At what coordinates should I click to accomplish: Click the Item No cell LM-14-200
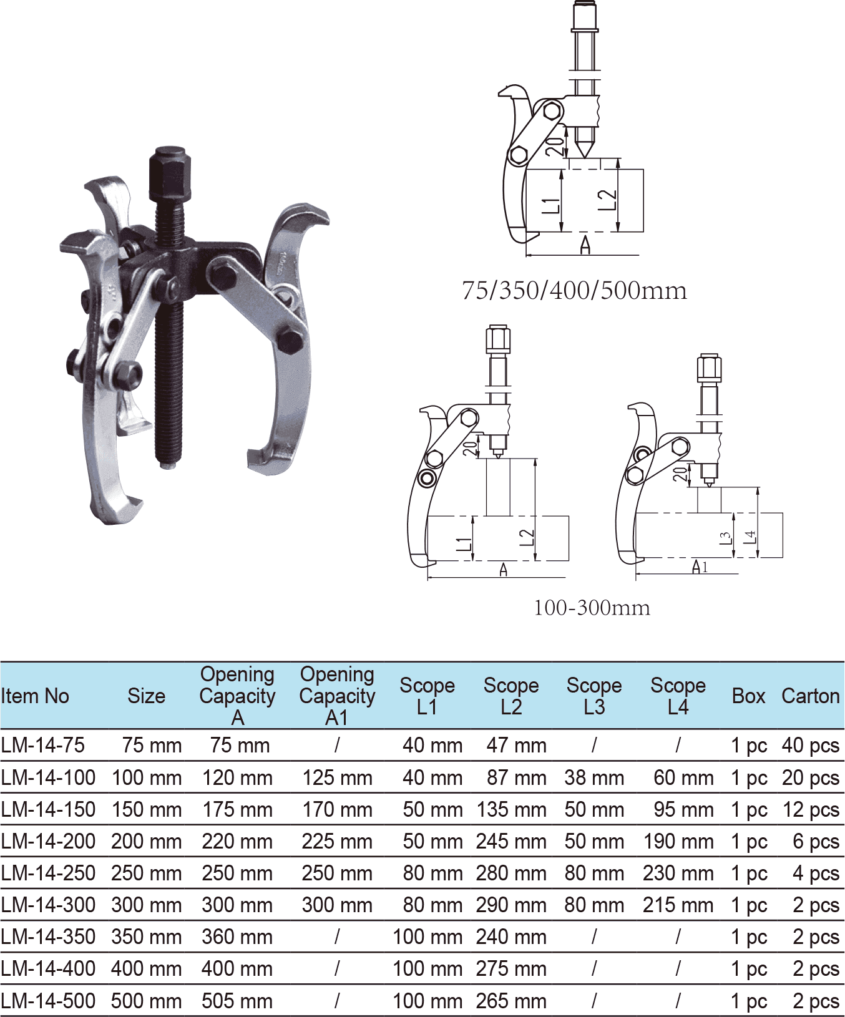[x=48, y=842]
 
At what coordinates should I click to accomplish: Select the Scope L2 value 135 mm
[x=511, y=810]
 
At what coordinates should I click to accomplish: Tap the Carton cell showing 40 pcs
[x=810, y=746]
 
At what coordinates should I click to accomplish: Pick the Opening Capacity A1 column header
[x=337, y=696]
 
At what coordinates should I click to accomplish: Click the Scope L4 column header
[x=678, y=696]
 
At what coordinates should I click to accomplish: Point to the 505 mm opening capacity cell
[x=237, y=1001]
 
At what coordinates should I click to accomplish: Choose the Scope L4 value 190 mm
[x=678, y=842]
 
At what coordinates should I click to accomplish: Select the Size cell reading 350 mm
[x=146, y=937]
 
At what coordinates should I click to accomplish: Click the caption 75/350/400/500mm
[x=574, y=291]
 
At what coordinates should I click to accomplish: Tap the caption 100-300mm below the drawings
[x=592, y=608]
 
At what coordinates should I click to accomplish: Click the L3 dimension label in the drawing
[x=725, y=538]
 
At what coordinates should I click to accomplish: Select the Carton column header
[x=810, y=696]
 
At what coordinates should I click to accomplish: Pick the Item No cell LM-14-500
[x=48, y=1001]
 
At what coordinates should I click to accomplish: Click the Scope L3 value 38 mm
[x=593, y=778]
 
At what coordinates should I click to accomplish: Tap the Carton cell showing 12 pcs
[x=810, y=810]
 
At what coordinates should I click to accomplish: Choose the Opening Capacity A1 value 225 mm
[x=337, y=842]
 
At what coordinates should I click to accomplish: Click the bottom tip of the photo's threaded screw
[x=168, y=464]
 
